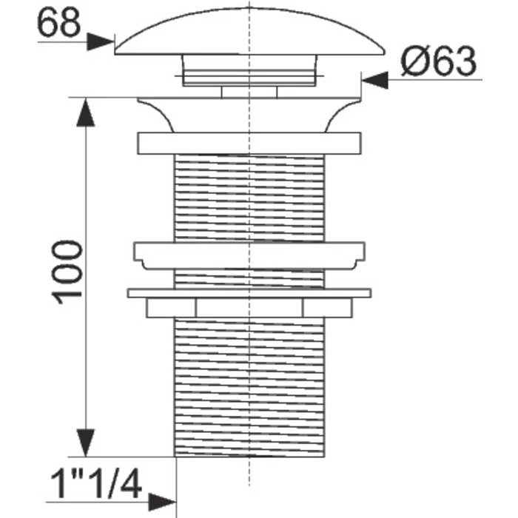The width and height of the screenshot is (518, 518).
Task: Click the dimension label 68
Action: [x=58, y=22]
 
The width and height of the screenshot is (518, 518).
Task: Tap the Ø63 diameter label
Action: [x=439, y=61]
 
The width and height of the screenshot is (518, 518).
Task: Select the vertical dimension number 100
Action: [x=67, y=272]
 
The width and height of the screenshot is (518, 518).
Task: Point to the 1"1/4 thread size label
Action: [x=95, y=484]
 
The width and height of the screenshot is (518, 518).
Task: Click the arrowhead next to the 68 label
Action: [x=101, y=41]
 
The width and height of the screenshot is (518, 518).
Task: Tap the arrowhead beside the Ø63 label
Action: [x=375, y=80]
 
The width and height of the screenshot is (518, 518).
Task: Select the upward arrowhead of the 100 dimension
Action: [x=86, y=112]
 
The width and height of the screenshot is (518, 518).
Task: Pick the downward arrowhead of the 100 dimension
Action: [x=86, y=443]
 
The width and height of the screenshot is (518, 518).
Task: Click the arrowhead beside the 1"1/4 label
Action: [x=162, y=502]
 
